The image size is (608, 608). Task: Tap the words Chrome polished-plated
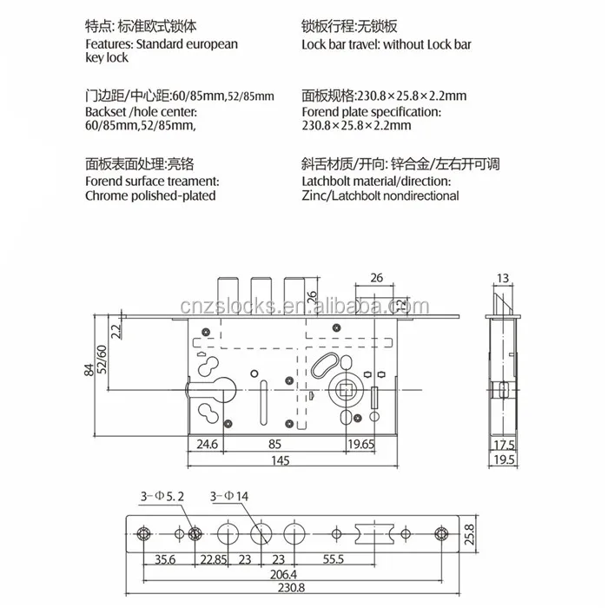tap(150, 196)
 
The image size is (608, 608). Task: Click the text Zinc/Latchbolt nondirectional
tap(380, 196)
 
